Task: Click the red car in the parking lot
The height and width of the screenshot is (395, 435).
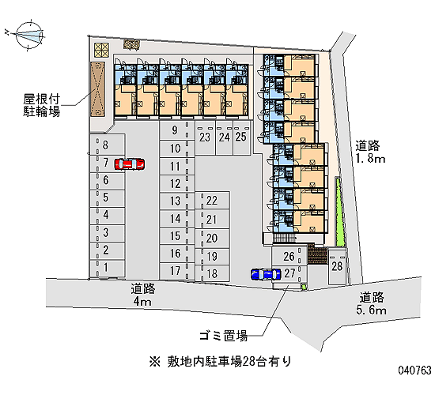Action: [130, 164]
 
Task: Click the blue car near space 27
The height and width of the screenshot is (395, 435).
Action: [266, 274]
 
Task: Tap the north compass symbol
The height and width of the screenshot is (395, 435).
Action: [29, 36]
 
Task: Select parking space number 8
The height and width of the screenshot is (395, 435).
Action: [108, 145]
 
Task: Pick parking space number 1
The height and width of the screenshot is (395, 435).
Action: [108, 269]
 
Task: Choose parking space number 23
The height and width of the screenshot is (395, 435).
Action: [205, 137]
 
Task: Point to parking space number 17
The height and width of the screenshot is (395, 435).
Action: [176, 271]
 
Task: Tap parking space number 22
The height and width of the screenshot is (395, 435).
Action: [212, 200]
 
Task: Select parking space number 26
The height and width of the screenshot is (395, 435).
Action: [289, 257]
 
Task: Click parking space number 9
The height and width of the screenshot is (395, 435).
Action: [176, 130]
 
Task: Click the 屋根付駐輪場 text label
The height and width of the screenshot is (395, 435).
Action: [42, 105]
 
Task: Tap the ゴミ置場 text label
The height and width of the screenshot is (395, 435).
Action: [224, 336]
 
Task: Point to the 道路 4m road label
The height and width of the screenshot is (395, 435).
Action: [143, 295]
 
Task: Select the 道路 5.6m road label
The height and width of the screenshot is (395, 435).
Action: [372, 303]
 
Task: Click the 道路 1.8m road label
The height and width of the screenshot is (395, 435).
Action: [370, 152]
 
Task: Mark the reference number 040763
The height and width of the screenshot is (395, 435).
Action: [415, 371]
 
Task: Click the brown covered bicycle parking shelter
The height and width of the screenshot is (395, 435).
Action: [97, 89]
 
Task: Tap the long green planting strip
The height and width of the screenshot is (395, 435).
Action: [339, 212]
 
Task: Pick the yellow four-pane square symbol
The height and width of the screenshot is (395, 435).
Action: [101, 50]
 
